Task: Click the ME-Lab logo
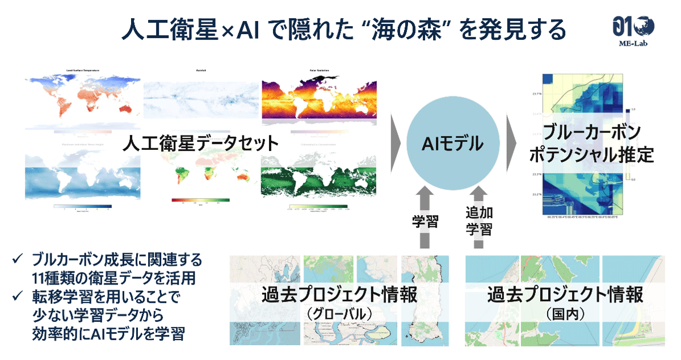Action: point(633,28)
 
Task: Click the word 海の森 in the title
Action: point(406,30)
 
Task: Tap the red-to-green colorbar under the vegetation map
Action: point(200,200)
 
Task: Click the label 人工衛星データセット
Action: point(201,144)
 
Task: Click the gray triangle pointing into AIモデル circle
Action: point(396,143)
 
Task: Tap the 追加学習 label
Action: point(480,221)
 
